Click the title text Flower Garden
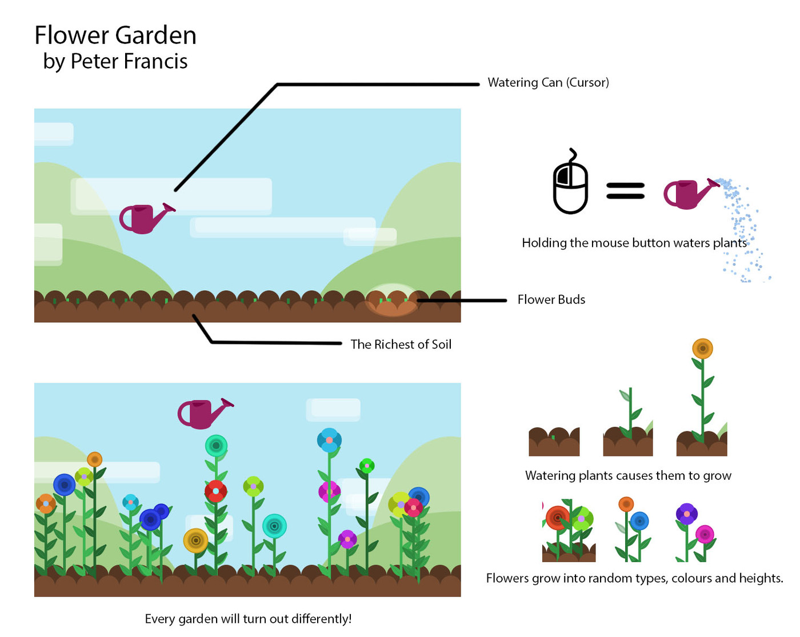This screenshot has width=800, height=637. click(115, 35)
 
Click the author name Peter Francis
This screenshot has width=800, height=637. click(129, 62)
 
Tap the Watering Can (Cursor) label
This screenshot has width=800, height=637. click(548, 82)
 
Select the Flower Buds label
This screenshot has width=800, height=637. click(551, 299)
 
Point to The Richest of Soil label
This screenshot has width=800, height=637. click(401, 344)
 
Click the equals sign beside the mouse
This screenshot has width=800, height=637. click(625, 190)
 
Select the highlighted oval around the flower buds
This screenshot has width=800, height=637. click(392, 301)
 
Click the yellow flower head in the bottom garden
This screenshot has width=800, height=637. click(195, 540)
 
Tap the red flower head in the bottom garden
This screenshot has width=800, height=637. click(215, 491)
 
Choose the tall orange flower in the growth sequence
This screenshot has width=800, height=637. click(702, 348)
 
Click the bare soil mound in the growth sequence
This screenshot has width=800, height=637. click(554, 442)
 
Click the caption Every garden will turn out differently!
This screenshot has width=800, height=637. click(248, 619)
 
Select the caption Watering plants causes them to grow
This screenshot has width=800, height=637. click(628, 475)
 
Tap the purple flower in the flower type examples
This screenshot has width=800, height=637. click(686, 514)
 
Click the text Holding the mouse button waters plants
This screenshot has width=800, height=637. click(634, 243)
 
